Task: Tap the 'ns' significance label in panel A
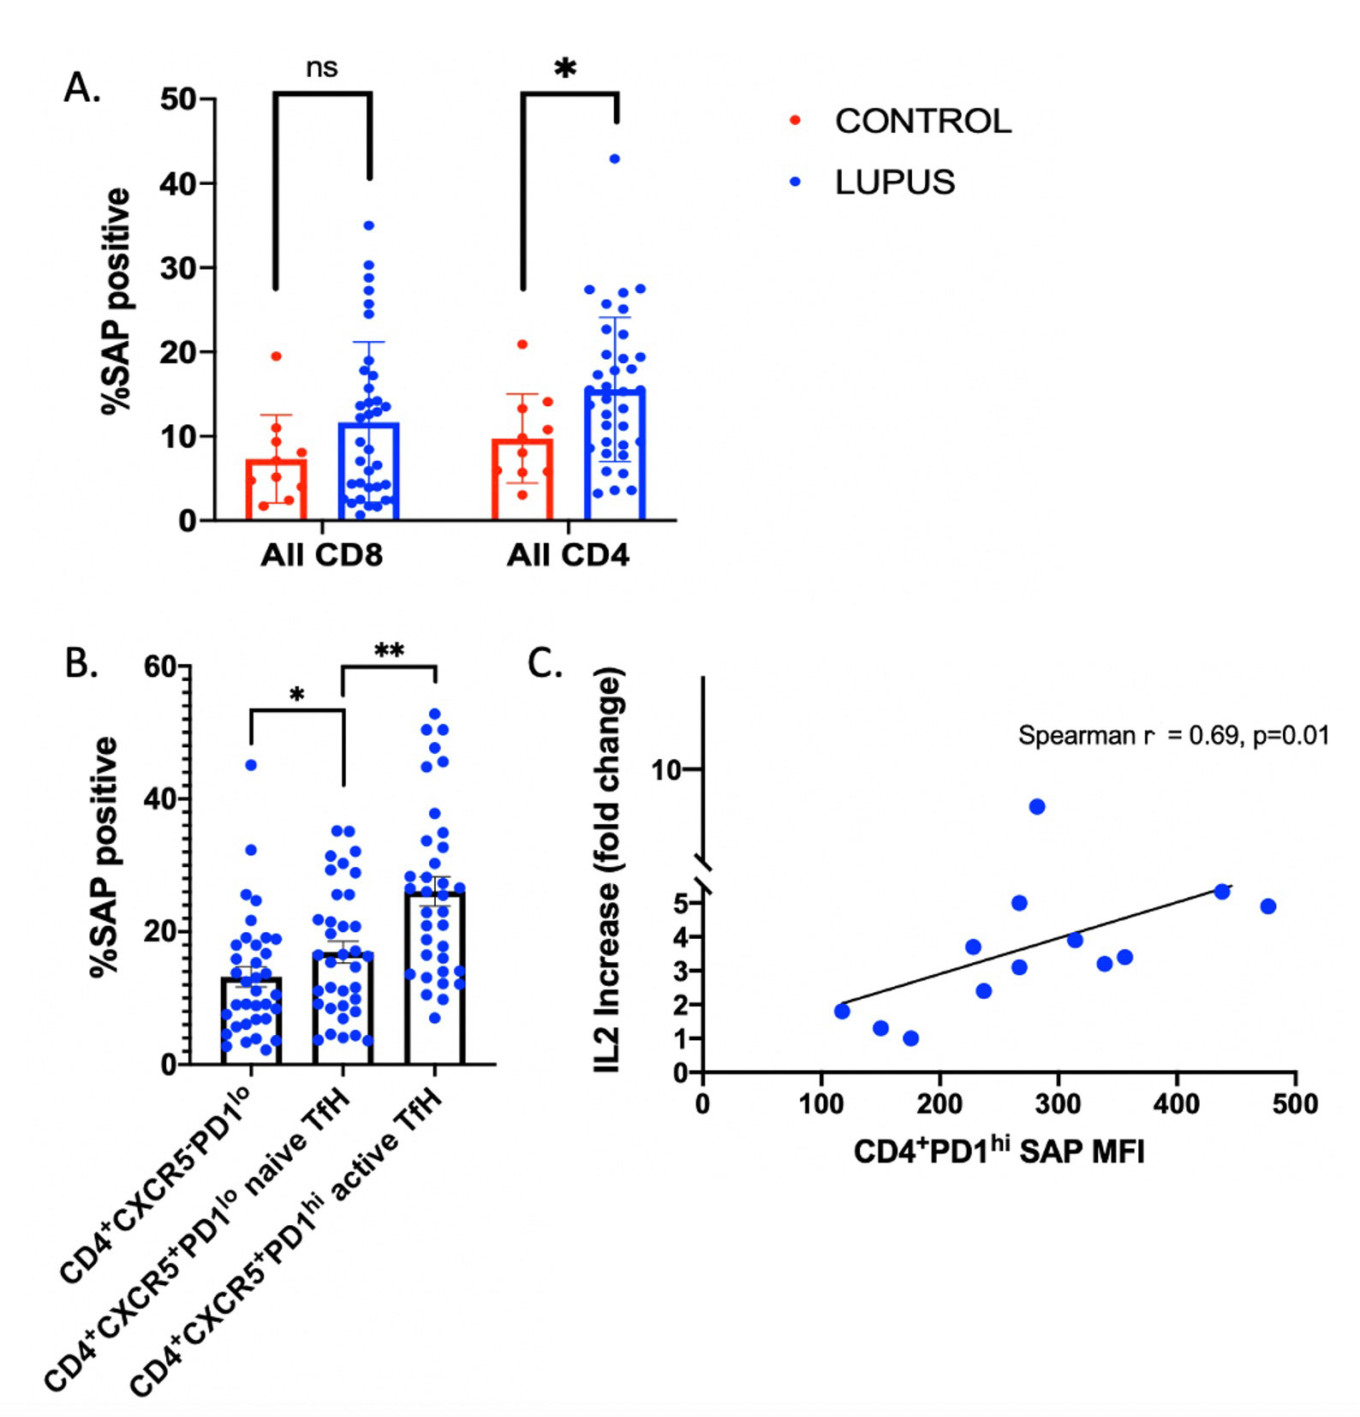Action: click(322, 68)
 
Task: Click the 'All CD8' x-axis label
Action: click(321, 555)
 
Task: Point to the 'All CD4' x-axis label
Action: click(568, 555)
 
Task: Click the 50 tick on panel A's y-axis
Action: click(178, 99)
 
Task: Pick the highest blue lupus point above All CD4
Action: click(614, 158)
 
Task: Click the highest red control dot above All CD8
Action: click(276, 356)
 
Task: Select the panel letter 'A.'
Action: click(82, 87)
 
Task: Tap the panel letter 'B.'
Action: click(81, 663)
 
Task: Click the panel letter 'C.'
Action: click(545, 663)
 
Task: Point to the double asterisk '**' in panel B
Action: click(389, 651)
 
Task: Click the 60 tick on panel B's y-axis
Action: click(161, 667)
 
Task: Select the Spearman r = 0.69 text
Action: click(1172, 735)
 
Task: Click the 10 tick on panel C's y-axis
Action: click(665, 770)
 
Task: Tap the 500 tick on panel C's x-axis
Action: click(1294, 1103)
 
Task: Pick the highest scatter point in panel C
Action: click(1036, 806)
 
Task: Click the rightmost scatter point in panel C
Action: click(1268, 906)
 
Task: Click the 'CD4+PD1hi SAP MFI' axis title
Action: click(999, 1151)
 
